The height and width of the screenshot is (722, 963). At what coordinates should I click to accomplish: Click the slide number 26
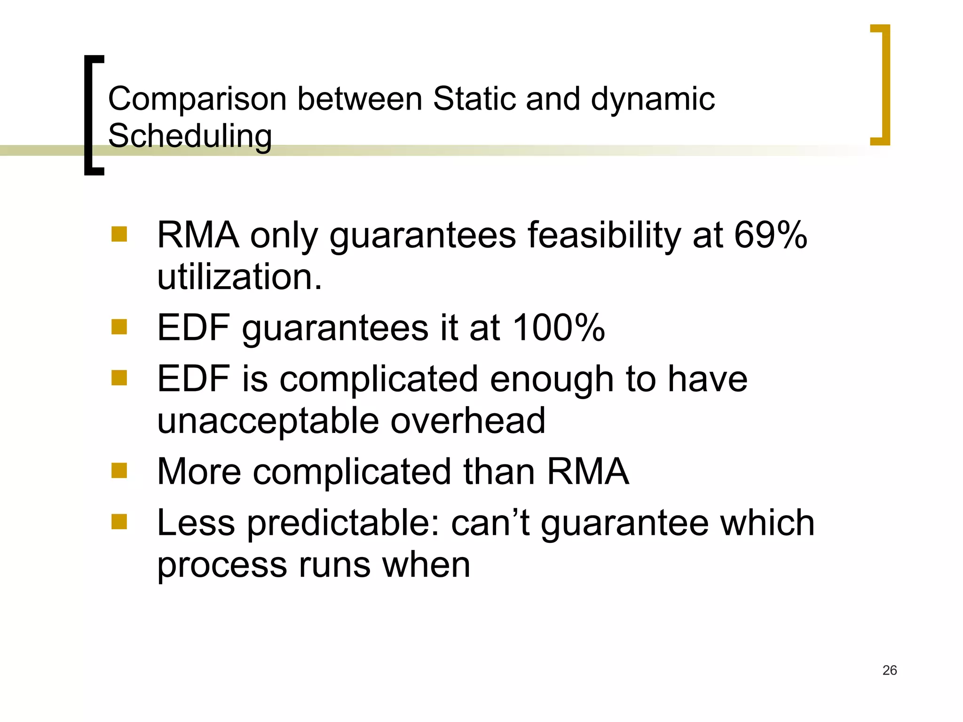pyautogui.click(x=890, y=670)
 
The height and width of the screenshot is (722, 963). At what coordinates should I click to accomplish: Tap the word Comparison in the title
pyautogui.click(x=197, y=99)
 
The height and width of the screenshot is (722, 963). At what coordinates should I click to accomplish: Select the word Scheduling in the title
pyautogui.click(x=190, y=136)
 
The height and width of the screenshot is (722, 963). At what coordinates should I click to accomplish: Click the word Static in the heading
pyautogui.click(x=474, y=99)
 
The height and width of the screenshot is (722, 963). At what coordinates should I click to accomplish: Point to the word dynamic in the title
pyautogui.click(x=653, y=100)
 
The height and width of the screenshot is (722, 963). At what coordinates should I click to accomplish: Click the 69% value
pyautogui.click(x=771, y=235)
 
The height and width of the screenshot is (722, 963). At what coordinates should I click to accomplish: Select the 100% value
pyautogui.click(x=559, y=327)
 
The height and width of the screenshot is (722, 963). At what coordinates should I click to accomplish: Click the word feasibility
pyautogui.click(x=604, y=235)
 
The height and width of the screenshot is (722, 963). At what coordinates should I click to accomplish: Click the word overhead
pyautogui.click(x=468, y=420)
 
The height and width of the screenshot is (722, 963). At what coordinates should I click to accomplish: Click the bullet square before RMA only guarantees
pyautogui.click(x=119, y=234)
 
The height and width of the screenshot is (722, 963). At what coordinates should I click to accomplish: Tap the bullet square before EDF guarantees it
pyautogui.click(x=119, y=327)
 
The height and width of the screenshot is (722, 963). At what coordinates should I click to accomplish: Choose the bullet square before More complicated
pyautogui.click(x=119, y=471)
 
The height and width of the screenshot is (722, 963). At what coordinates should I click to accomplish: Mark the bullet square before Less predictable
pyautogui.click(x=119, y=522)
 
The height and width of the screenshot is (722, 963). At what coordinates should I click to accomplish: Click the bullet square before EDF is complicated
pyautogui.click(x=119, y=378)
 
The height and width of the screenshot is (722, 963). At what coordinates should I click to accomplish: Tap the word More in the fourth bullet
pyautogui.click(x=199, y=471)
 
